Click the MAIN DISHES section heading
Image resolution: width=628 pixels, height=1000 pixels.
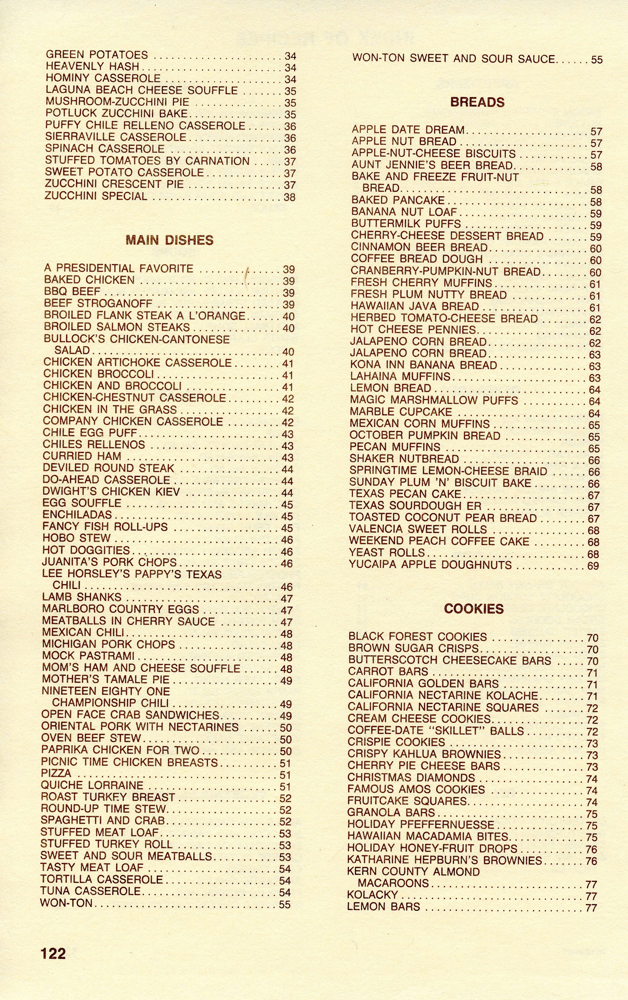pyautogui.click(x=169, y=240)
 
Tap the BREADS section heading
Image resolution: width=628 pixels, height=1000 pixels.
pyautogui.click(x=477, y=102)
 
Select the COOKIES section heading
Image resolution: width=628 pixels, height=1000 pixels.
pyautogui.click(x=473, y=609)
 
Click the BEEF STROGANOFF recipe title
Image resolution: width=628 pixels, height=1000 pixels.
pyautogui.click(x=98, y=304)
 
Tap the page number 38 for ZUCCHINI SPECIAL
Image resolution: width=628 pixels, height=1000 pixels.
pyautogui.click(x=289, y=197)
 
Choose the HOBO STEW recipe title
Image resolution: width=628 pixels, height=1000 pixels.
pyautogui.click(x=77, y=538)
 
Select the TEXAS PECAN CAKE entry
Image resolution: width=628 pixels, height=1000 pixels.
pyautogui.click(x=405, y=494)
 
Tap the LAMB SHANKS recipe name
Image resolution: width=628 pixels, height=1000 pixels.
pyautogui.click(x=82, y=597)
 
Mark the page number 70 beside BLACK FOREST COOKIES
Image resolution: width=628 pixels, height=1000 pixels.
pyautogui.click(x=592, y=638)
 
